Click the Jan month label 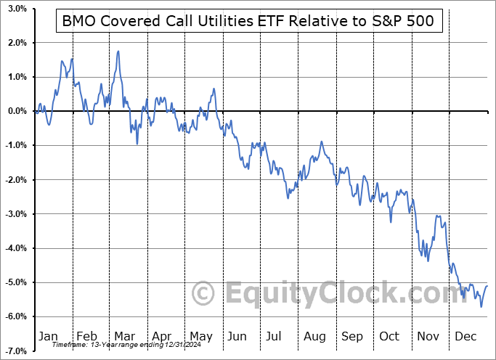click(47, 336)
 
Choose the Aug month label click(314, 336)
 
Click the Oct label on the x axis click(390, 336)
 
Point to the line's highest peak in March click(118, 52)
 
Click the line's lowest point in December click(481, 306)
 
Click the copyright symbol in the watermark click(203, 294)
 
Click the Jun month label click(237, 336)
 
